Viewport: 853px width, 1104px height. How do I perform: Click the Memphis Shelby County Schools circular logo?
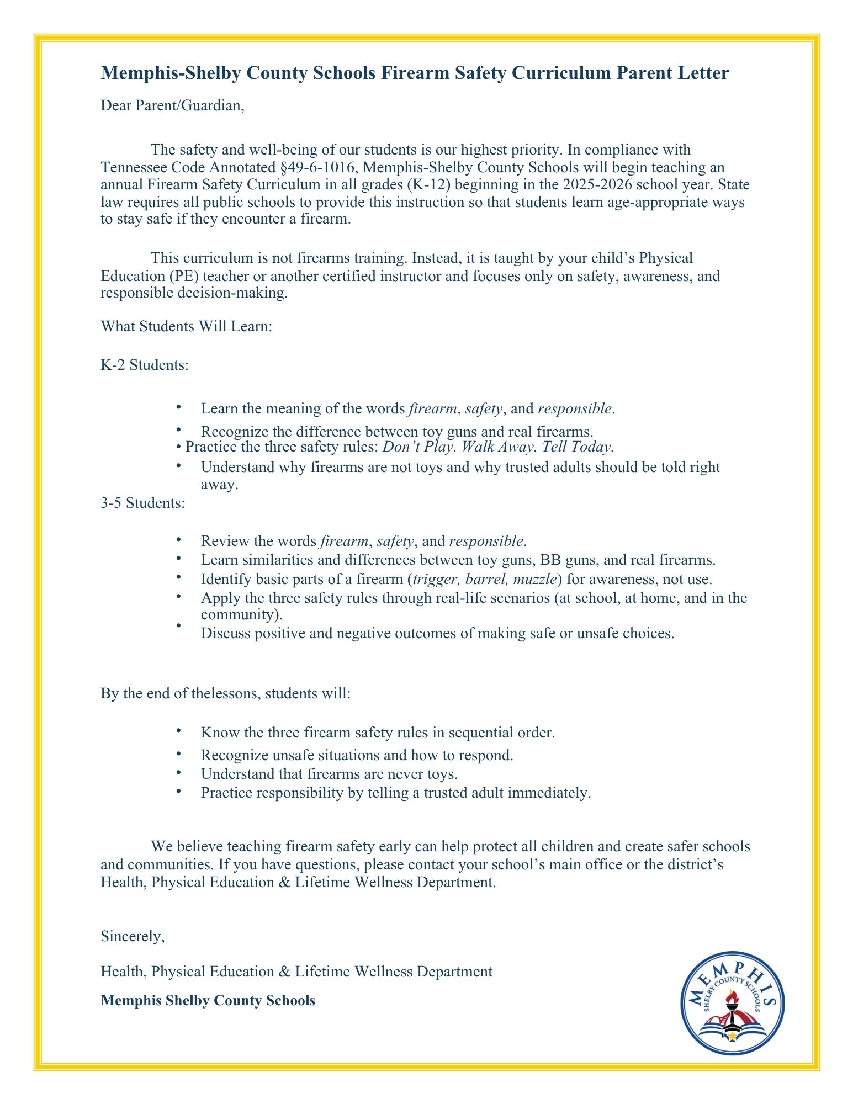[732, 1003]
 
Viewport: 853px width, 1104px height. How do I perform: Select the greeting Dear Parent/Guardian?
[172, 105]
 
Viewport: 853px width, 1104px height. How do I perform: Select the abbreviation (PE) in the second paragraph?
[184, 275]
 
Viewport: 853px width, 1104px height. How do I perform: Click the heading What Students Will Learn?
[187, 326]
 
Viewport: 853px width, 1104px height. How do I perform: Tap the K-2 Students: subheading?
[145, 365]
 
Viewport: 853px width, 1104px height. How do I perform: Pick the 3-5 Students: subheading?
[143, 503]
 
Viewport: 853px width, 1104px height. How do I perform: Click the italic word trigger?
[437, 579]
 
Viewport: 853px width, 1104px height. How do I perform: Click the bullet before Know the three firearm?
[178, 731]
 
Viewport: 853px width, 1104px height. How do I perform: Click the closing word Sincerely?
[133, 936]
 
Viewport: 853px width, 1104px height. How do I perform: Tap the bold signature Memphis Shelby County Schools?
[208, 1001]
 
